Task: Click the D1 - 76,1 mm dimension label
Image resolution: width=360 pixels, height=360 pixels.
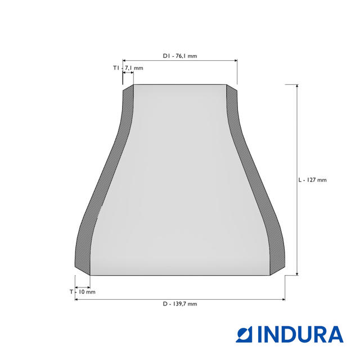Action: (x=180, y=56)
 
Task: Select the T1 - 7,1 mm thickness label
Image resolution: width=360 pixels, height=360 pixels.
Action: (x=128, y=68)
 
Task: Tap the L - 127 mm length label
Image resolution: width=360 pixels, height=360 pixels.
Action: (x=312, y=180)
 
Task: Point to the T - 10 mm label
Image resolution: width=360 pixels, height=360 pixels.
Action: (x=83, y=292)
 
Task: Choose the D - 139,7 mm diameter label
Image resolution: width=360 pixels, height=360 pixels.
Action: (x=180, y=304)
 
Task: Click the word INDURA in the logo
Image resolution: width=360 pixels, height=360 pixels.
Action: (x=300, y=335)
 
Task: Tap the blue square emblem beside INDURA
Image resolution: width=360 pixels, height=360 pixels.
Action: (x=244, y=335)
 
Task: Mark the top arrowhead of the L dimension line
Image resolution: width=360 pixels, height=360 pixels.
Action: (x=297, y=86)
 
